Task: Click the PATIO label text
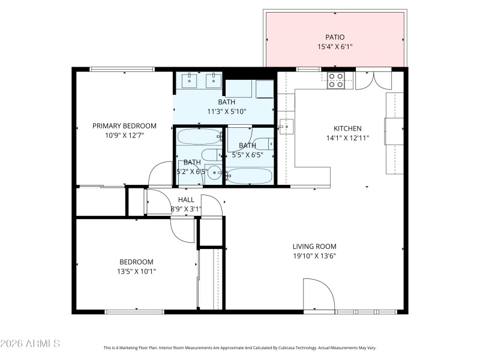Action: click(335, 37)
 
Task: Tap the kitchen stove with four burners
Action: click(336, 80)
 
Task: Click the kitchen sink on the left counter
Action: click(287, 127)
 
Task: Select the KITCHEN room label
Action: click(347, 128)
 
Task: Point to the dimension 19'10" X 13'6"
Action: click(314, 256)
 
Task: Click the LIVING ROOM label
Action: click(314, 247)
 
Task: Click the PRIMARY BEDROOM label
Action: click(124, 126)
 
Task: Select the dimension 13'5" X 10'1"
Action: click(136, 271)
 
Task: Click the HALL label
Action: click(186, 200)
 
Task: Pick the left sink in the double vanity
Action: click(191, 80)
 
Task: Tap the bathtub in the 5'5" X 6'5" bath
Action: click(251, 176)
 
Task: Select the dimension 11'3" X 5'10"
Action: click(227, 111)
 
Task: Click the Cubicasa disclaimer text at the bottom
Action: click(240, 347)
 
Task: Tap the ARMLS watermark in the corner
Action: click(30, 344)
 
